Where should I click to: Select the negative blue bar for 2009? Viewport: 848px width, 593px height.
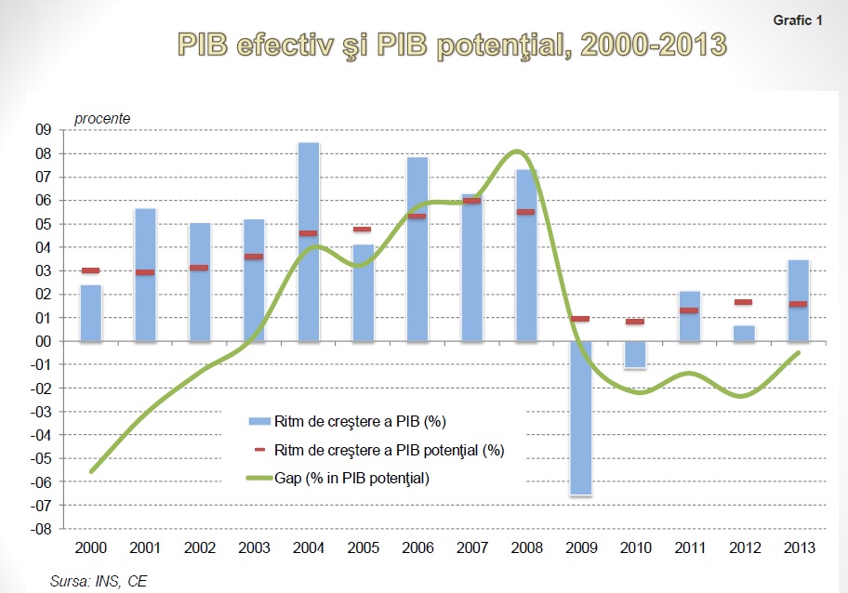578,418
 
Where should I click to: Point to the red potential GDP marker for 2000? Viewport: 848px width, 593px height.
90,270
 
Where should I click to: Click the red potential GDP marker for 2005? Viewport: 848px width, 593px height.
362,229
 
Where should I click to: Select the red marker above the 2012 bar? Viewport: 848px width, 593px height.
743,302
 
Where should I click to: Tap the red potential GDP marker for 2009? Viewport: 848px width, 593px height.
579,319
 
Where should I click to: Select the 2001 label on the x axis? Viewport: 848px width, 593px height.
144,549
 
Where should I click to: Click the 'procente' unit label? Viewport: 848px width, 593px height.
102,118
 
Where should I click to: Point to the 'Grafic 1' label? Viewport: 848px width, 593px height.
797,20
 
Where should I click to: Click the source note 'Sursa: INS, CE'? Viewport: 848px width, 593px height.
93,581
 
